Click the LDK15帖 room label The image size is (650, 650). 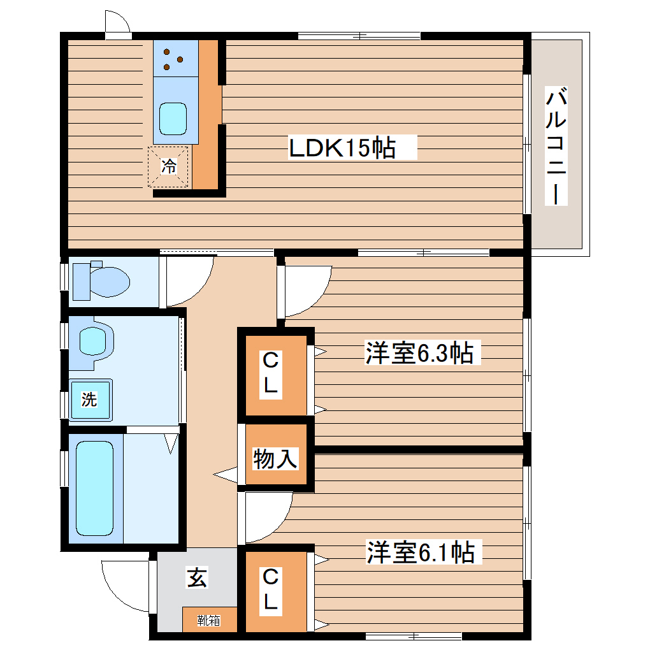(x=343, y=148)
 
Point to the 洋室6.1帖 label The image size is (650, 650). (x=420, y=552)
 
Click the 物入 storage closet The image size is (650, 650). (x=275, y=458)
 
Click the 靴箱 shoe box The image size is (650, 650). (x=208, y=620)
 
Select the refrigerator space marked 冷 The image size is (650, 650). (x=169, y=167)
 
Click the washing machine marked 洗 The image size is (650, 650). (x=90, y=400)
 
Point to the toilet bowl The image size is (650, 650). (x=102, y=280)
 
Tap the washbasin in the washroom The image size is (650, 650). (x=96, y=341)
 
